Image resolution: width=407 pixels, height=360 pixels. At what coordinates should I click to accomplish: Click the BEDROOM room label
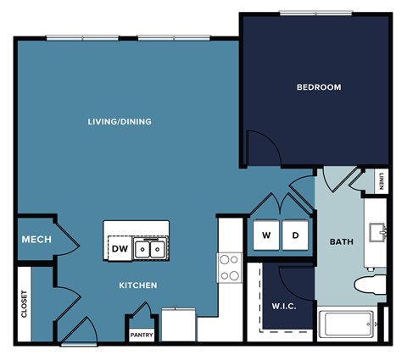[x=319, y=87]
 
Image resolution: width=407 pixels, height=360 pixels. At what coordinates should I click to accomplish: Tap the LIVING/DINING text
[x=120, y=121]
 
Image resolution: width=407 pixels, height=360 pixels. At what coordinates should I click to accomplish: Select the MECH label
[x=36, y=240]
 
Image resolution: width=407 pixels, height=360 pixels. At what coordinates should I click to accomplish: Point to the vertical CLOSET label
[x=25, y=304]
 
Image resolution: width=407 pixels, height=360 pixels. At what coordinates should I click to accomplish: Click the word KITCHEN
[x=137, y=285]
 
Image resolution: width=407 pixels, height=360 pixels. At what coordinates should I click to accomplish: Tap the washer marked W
[x=265, y=235]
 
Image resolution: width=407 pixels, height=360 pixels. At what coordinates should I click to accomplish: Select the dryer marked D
[x=295, y=235]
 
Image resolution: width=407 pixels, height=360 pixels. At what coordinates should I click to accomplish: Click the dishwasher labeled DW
[x=120, y=249]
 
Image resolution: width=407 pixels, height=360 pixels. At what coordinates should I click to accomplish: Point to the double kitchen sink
[x=151, y=249]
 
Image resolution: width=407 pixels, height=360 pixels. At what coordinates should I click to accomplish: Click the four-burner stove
[x=229, y=267]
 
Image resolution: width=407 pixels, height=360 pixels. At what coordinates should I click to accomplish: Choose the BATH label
[x=341, y=242]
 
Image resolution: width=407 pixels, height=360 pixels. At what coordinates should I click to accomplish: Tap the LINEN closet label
[x=382, y=181]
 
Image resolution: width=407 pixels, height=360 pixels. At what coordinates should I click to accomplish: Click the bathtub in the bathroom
[x=348, y=324]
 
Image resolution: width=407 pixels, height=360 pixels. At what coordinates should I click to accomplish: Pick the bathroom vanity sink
[x=377, y=230]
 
